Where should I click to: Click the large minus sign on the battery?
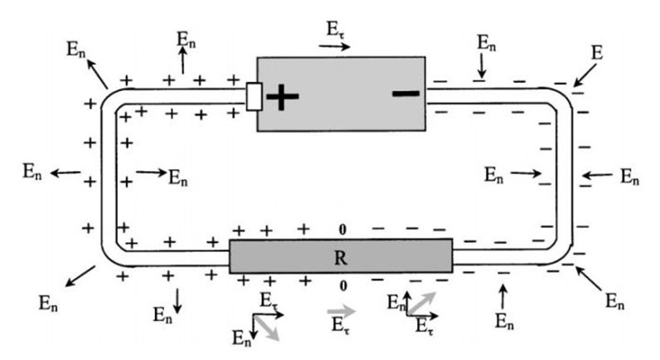(x=405, y=93)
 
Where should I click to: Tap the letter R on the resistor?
(x=340, y=256)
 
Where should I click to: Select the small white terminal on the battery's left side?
(x=255, y=97)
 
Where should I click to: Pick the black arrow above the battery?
(x=334, y=46)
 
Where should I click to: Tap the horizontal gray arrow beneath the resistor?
(x=342, y=313)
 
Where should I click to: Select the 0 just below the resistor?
(x=341, y=286)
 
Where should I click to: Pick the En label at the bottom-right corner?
(x=614, y=302)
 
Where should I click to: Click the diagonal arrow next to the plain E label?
(x=583, y=77)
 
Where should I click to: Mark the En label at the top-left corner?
(x=75, y=47)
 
